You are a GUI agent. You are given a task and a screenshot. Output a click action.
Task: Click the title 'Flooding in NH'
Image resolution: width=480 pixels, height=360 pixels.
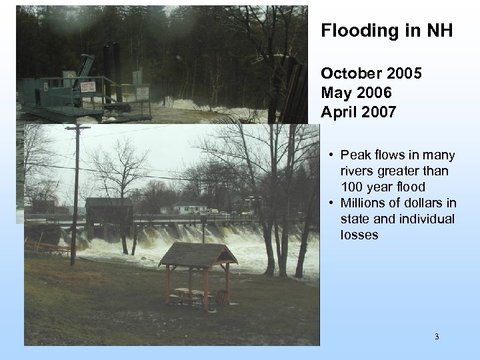coord(387,31)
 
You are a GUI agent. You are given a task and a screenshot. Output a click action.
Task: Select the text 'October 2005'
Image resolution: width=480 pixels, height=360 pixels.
coord(371,73)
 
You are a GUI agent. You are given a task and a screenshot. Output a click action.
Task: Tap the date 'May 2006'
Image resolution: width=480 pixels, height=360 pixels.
coord(356,93)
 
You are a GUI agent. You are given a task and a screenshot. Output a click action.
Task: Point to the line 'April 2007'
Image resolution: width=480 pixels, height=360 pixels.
coord(358,112)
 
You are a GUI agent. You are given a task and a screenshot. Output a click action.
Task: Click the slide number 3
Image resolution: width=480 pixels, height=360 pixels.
coord(437,337)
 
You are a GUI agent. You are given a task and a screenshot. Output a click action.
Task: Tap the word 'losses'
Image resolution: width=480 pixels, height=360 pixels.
coord(359,235)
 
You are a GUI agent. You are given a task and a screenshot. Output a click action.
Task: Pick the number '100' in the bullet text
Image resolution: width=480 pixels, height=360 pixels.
coord(352,187)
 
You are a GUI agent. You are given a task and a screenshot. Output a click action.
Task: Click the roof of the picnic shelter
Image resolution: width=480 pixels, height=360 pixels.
coord(198,254)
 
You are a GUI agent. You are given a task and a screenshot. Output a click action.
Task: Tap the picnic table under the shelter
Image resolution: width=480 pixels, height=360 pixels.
coord(190,292)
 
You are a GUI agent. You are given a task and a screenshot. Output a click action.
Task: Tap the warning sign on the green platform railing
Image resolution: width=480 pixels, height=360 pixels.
coord(88,87)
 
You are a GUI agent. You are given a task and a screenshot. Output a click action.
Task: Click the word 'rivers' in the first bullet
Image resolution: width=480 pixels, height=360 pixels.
coord(357,171)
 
